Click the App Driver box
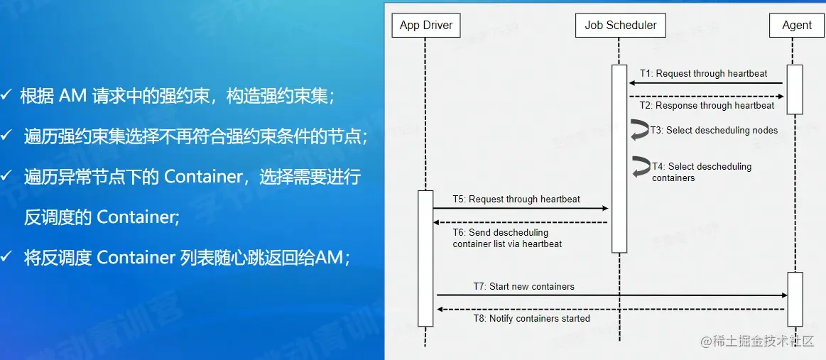(425, 26)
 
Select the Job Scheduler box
(620, 26)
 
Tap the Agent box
(796, 26)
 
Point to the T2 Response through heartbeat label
(707, 106)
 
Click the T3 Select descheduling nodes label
(714, 131)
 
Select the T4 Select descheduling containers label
(701, 172)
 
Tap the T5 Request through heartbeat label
(516, 200)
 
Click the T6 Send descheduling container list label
(507, 238)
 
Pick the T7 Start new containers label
(523, 287)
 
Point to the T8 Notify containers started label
(531, 319)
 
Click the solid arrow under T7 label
(611, 295)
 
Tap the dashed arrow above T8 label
(611, 309)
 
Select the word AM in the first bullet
(73, 96)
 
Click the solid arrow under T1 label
(707, 83)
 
